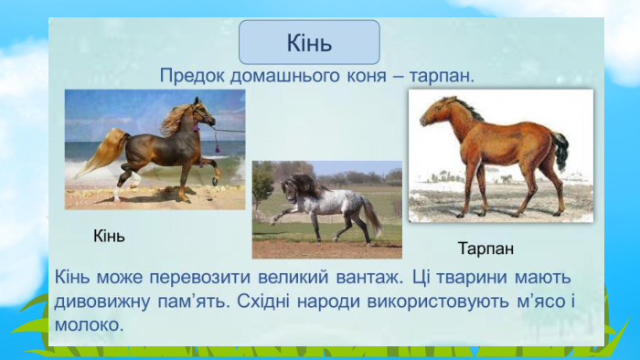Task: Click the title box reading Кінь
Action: point(309,42)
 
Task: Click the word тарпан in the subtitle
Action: point(442,76)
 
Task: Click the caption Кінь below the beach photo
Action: point(109,236)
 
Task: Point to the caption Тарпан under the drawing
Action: point(485,249)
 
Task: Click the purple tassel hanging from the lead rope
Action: point(218,146)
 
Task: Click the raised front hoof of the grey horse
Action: point(272,222)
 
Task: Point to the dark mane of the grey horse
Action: point(304,185)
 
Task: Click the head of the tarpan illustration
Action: point(434,112)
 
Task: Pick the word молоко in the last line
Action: point(89,325)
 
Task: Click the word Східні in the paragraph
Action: point(263,302)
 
